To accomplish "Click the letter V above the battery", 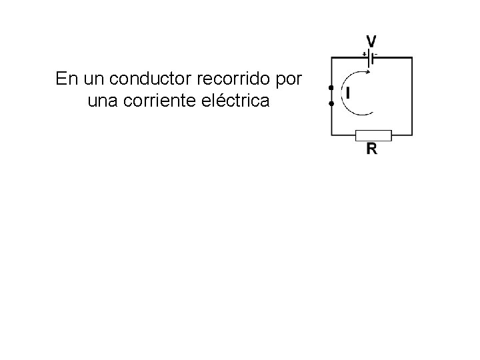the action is point(371,40).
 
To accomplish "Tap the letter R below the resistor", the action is point(372,149).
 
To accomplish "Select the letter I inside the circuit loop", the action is point(347,93).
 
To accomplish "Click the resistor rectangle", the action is point(373,135).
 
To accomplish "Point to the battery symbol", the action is point(370,59).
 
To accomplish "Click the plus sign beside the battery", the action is point(364,53).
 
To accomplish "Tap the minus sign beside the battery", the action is point(376,53).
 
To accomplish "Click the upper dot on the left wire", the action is point(331,88).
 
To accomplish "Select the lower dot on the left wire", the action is point(331,104).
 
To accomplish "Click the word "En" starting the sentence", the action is point(65,79).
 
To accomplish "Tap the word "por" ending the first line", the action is point(288,79).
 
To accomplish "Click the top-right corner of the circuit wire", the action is point(412,59).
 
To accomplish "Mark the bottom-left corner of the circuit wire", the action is point(331,135).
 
